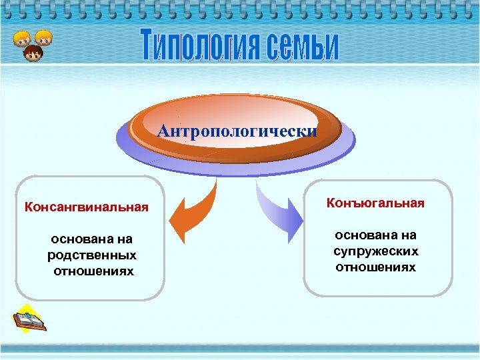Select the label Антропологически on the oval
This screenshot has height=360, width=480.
237,131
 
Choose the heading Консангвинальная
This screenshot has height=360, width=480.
86,207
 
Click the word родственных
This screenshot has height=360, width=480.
92,255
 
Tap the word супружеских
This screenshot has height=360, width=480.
376,251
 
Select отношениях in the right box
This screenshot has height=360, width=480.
376,267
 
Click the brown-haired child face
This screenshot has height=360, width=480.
31,52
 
